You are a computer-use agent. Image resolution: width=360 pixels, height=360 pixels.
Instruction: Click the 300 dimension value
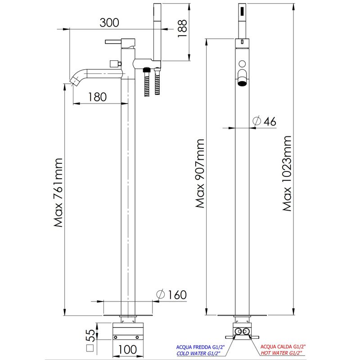point(109,22)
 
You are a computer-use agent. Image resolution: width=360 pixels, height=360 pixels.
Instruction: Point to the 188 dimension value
point(182,28)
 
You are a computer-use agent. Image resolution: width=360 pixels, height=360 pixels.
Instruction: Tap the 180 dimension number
point(97,97)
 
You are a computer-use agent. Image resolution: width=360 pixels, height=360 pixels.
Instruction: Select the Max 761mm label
point(58,193)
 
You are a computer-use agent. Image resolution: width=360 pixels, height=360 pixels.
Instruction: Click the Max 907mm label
point(200,173)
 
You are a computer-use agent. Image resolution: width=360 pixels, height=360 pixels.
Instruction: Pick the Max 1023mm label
point(287,173)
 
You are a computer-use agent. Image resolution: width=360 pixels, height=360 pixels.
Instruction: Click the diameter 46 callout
point(264,121)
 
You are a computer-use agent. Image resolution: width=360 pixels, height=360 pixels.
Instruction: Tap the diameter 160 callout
point(171,295)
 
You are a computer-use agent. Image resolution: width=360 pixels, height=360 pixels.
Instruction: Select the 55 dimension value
point(91,335)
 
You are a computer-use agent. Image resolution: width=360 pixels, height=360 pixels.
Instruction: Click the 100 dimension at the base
point(127,350)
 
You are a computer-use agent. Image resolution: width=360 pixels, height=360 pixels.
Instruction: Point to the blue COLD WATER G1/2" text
point(198,354)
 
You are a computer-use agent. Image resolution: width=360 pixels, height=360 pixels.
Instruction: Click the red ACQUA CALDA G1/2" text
point(283,346)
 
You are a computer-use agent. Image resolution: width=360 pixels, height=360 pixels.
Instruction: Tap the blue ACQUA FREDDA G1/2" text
point(200,347)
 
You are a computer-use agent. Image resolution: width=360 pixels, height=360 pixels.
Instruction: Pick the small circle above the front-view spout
point(242,63)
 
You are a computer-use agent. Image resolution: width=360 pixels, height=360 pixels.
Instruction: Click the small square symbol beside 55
point(90,348)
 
